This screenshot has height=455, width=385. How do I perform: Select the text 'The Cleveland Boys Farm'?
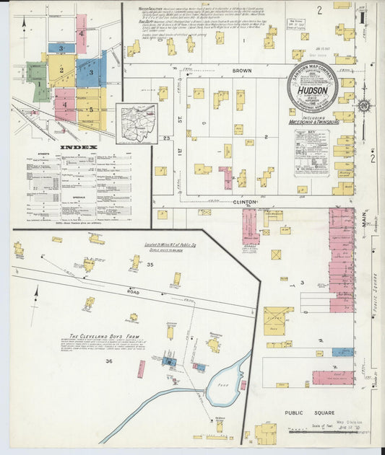[x=98, y=336]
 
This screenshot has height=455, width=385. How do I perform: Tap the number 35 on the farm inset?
[x=130, y=266]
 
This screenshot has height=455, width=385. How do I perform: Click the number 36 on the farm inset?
[x=109, y=361]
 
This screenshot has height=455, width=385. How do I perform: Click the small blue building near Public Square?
[x=342, y=353]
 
